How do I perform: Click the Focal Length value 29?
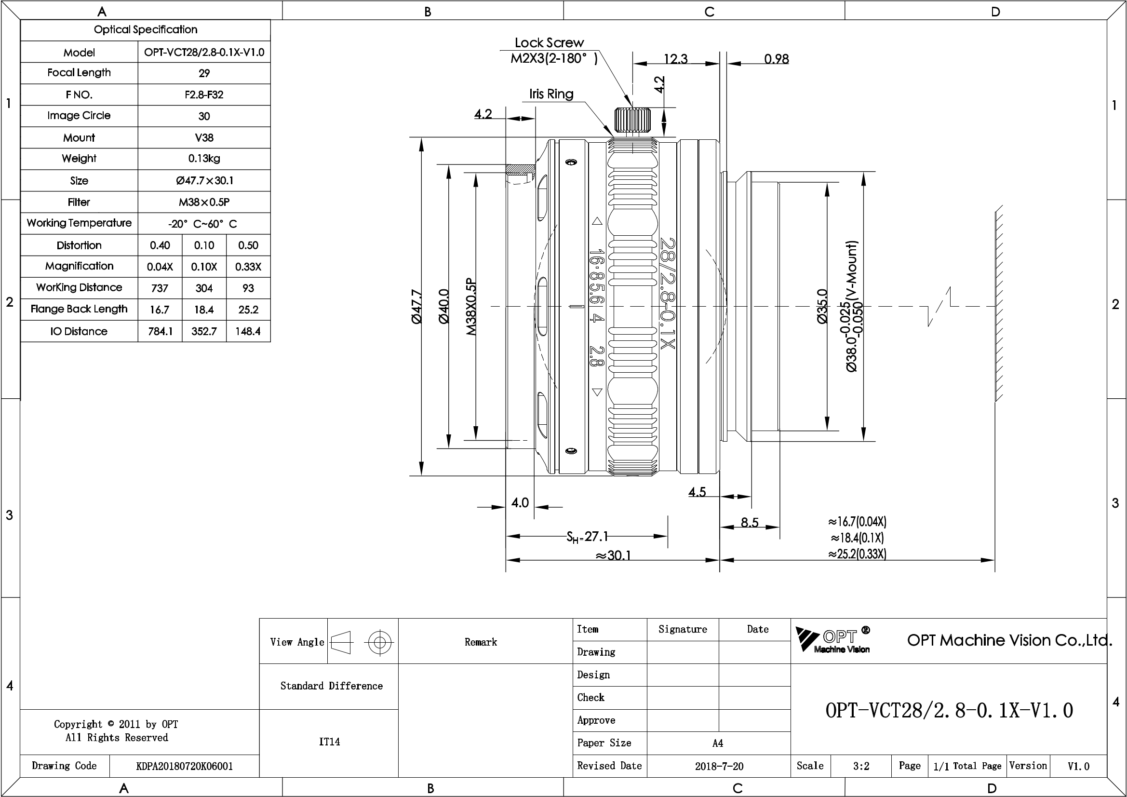pos(204,73)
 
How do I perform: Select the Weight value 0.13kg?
pos(204,159)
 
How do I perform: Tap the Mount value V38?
pos(204,137)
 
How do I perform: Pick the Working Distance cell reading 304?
pos(204,288)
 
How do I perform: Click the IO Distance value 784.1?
pos(161,331)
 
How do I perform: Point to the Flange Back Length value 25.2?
pos(248,310)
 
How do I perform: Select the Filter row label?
pos(79,202)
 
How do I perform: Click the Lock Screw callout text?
pos(550,43)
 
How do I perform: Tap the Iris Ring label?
pos(551,94)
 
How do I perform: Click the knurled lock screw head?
pos(633,121)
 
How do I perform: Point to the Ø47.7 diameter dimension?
pos(416,307)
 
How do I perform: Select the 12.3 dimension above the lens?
pos(676,59)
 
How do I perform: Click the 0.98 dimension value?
pos(777,59)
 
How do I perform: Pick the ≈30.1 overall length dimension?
pos(613,555)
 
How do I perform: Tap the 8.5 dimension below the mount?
pos(750,523)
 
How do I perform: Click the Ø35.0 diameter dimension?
pos(823,307)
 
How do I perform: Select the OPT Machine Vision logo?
pos(833,640)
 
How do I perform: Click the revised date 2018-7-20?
pos(719,766)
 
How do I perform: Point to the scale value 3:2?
pos(861,766)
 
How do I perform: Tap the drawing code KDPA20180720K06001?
pos(185,766)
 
